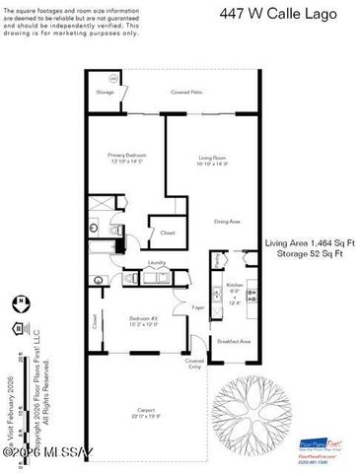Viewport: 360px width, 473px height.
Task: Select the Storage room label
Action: tap(106, 92)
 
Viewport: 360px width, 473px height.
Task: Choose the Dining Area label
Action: tap(228, 222)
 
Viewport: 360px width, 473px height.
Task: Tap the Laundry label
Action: tap(156, 263)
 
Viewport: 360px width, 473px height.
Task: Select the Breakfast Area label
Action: tap(234, 341)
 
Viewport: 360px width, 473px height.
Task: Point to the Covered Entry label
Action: tap(194, 363)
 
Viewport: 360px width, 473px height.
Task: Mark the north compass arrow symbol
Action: tap(22, 301)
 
